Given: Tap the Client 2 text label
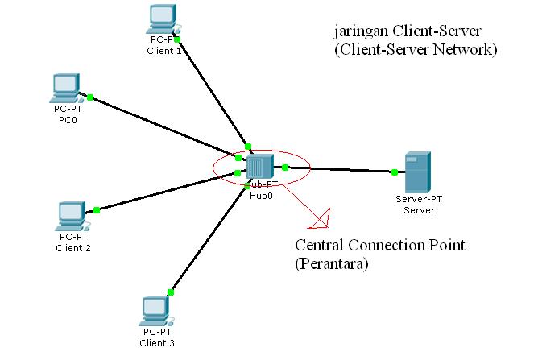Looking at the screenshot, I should coord(73,248).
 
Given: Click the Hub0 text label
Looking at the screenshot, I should coord(260,194).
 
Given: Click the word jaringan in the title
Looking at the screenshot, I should coord(360,31).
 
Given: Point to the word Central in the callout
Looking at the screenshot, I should coord(321,245).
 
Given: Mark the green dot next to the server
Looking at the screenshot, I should coord(394,172).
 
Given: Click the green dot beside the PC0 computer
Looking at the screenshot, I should coord(91,97).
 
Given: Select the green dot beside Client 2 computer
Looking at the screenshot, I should coord(96,210).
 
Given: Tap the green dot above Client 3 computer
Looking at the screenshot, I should coord(170,292).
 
